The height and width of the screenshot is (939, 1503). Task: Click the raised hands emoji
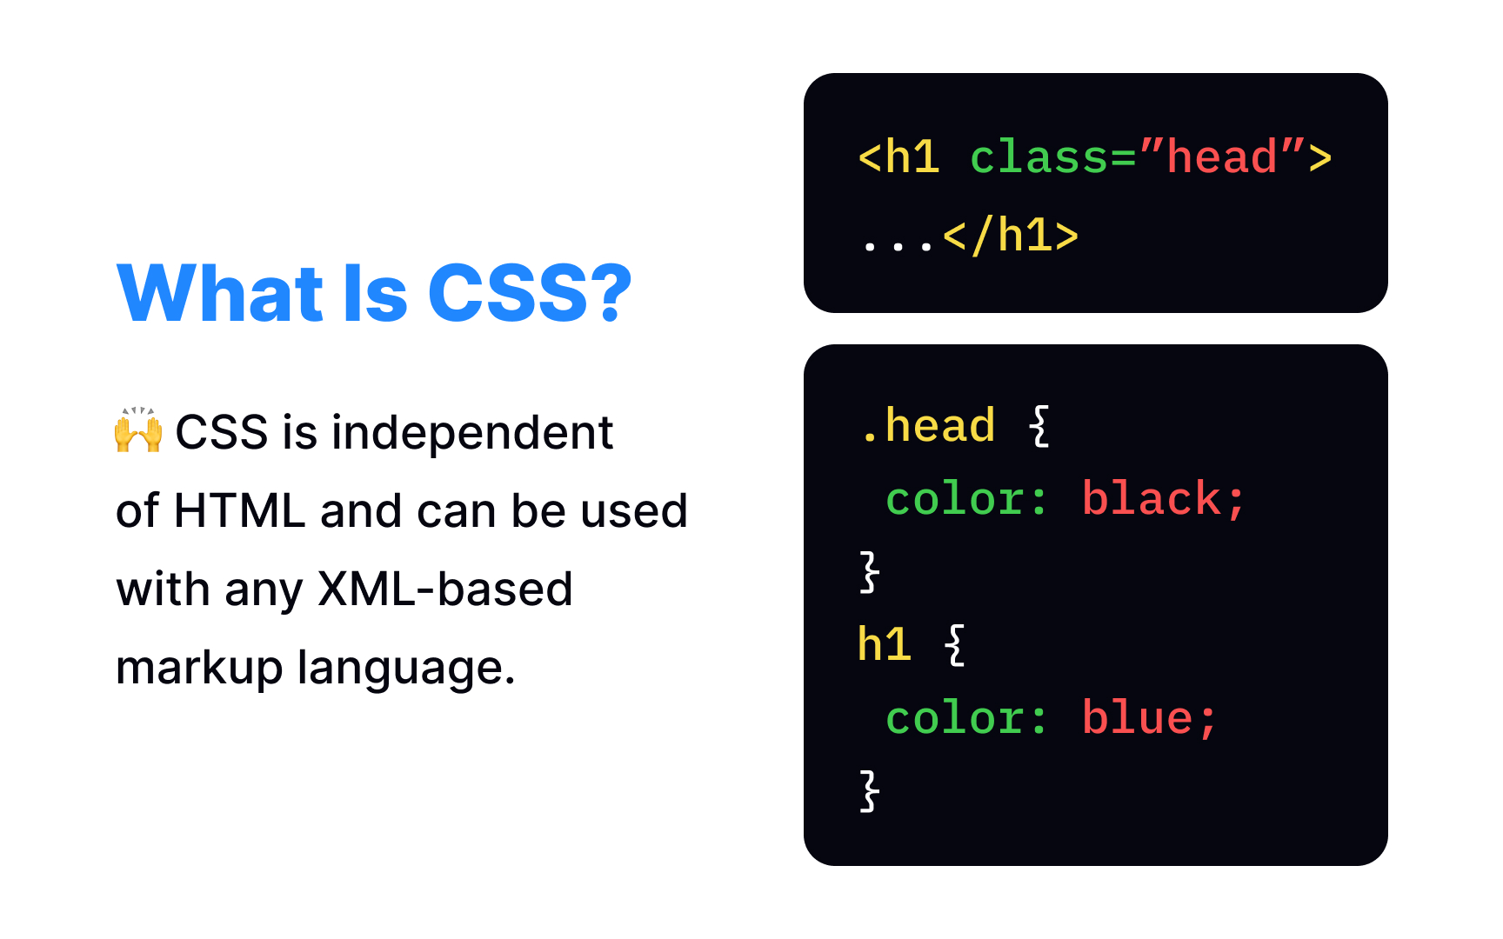pos(138,430)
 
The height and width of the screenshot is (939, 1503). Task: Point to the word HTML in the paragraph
pos(239,510)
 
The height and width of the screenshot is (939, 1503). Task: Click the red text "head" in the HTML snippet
pos(1222,157)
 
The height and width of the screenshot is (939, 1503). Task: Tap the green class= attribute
pos(1053,157)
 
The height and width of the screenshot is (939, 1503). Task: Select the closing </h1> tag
pos(1011,236)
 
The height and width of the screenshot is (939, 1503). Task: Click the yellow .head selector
pos(927,426)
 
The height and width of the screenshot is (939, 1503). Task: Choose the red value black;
pos(1164,499)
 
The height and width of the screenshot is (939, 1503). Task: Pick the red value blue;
pos(1149,718)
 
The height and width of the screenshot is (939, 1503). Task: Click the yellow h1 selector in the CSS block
pos(885,645)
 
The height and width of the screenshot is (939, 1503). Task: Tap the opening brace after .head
pos(1039,426)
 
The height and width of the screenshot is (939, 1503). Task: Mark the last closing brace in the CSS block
pos(869,791)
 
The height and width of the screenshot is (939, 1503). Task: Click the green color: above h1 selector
pos(966,499)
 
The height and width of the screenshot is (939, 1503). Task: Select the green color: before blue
pos(966,718)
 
